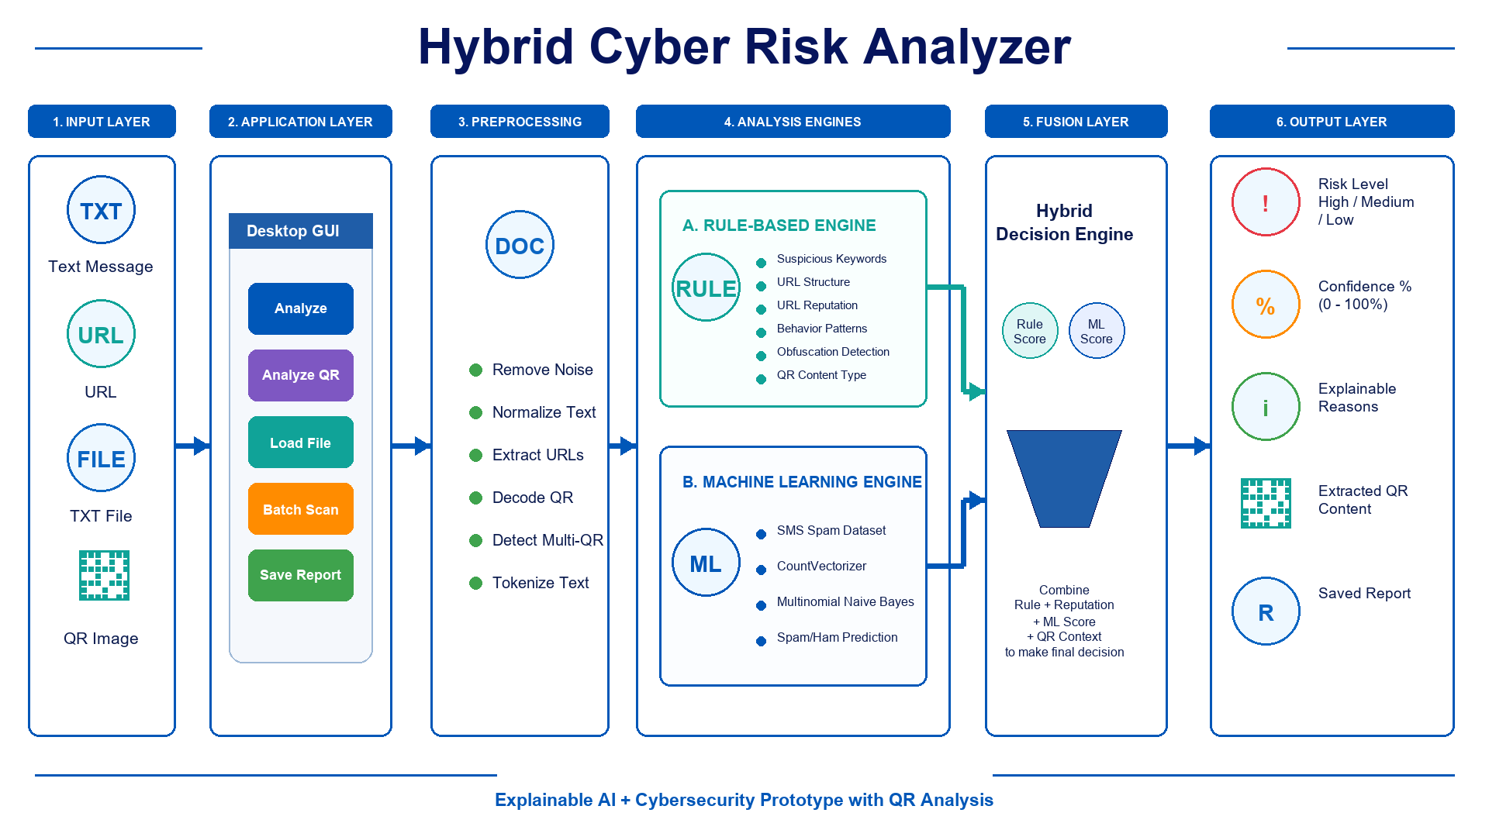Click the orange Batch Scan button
(x=301, y=509)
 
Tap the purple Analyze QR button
(x=301, y=375)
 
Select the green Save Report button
(x=301, y=575)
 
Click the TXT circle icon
(x=101, y=210)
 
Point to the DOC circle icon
(x=520, y=245)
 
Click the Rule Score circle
(x=1030, y=331)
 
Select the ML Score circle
(x=1097, y=331)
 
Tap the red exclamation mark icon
(x=1266, y=202)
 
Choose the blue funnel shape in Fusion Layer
(x=1064, y=478)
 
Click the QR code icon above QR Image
(x=104, y=575)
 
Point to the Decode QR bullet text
(x=533, y=498)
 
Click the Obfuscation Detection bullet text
(x=833, y=352)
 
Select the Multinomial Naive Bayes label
(x=845, y=601)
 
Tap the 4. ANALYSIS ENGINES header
(x=793, y=122)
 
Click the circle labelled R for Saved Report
(x=1266, y=611)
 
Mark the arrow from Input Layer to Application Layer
(x=192, y=446)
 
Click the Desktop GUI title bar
(x=301, y=231)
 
